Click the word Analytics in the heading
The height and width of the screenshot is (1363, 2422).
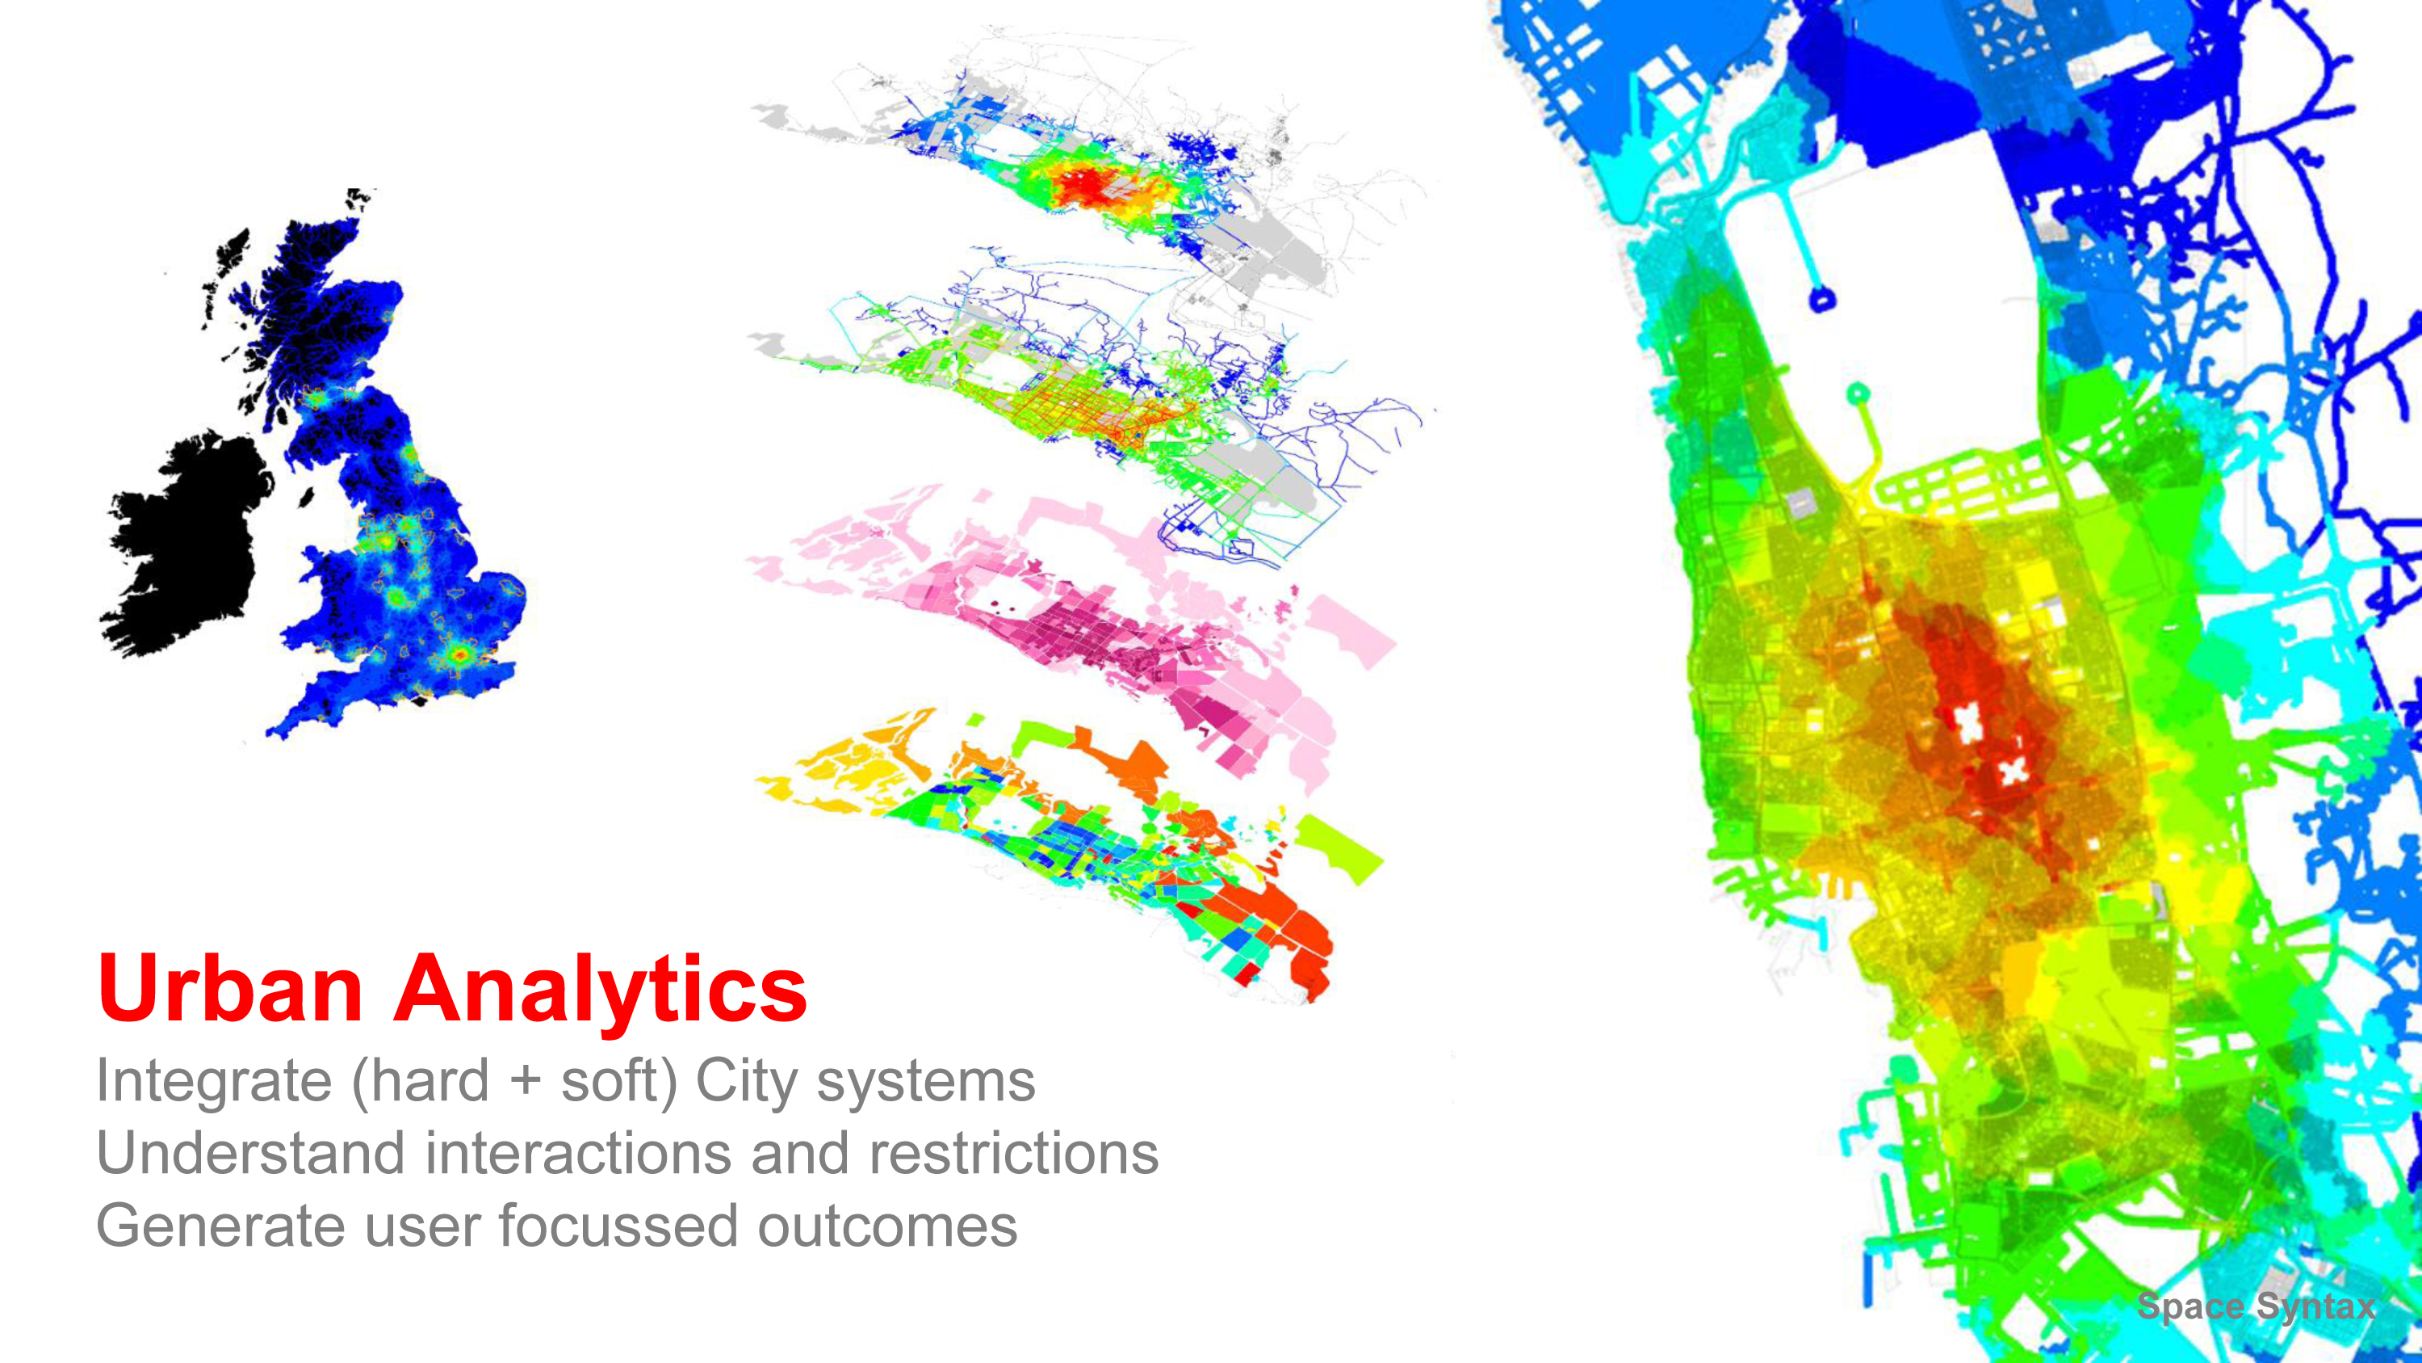pos(600,992)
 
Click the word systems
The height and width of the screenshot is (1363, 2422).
pos(926,1083)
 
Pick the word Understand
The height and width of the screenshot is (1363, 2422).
pos(251,1153)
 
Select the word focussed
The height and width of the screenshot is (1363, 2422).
pos(618,1226)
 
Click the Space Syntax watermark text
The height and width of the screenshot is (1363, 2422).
pos(2256,1306)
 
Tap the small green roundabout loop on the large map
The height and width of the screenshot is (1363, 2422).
pos(1858,393)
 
